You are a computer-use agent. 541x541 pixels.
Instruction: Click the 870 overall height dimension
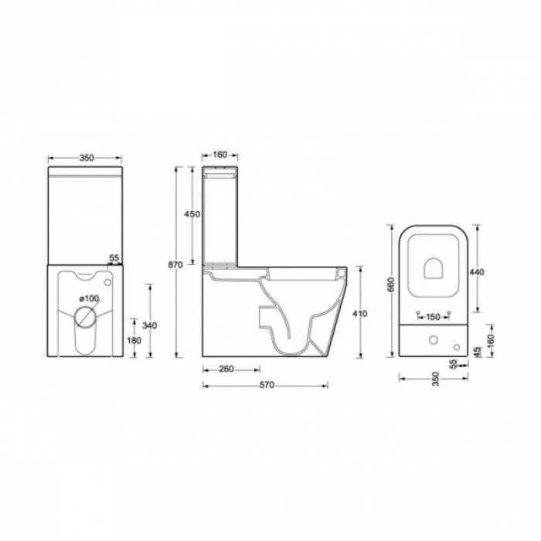[x=175, y=265]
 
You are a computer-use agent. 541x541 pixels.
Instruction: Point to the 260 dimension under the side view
[x=226, y=369]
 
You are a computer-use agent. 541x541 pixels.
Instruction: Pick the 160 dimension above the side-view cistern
[x=219, y=155]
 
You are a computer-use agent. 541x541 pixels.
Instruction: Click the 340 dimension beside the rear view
[x=157, y=325]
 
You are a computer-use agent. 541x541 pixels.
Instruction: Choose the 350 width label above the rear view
[x=86, y=158]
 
